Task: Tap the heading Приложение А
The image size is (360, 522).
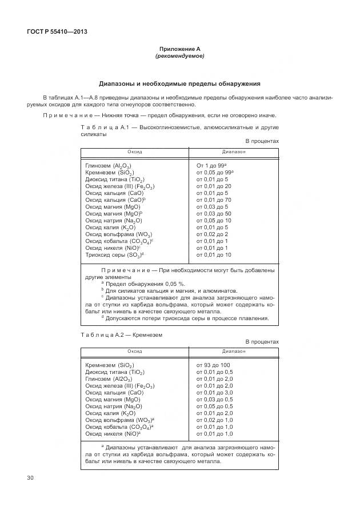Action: [179, 50]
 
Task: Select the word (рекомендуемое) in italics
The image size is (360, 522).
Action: [179, 57]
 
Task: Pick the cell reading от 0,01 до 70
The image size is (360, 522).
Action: [214, 200]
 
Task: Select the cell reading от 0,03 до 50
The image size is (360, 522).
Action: [214, 214]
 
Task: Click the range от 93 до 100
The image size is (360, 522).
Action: [213, 365]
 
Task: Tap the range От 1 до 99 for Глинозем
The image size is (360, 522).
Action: [214, 165]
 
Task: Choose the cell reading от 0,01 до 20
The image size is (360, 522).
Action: [214, 186]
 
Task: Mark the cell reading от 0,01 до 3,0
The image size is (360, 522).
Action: [214, 393]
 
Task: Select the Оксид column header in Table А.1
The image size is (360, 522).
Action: [135, 153]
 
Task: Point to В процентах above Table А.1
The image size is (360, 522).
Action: [262, 141]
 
